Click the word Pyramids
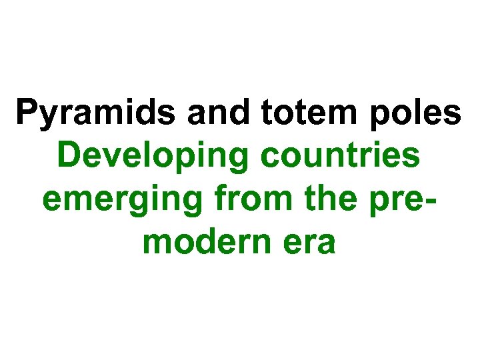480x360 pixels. click(97, 113)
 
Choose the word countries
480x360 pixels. click(341, 157)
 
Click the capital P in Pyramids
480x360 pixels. click(28, 113)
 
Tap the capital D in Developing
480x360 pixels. click(70, 156)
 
